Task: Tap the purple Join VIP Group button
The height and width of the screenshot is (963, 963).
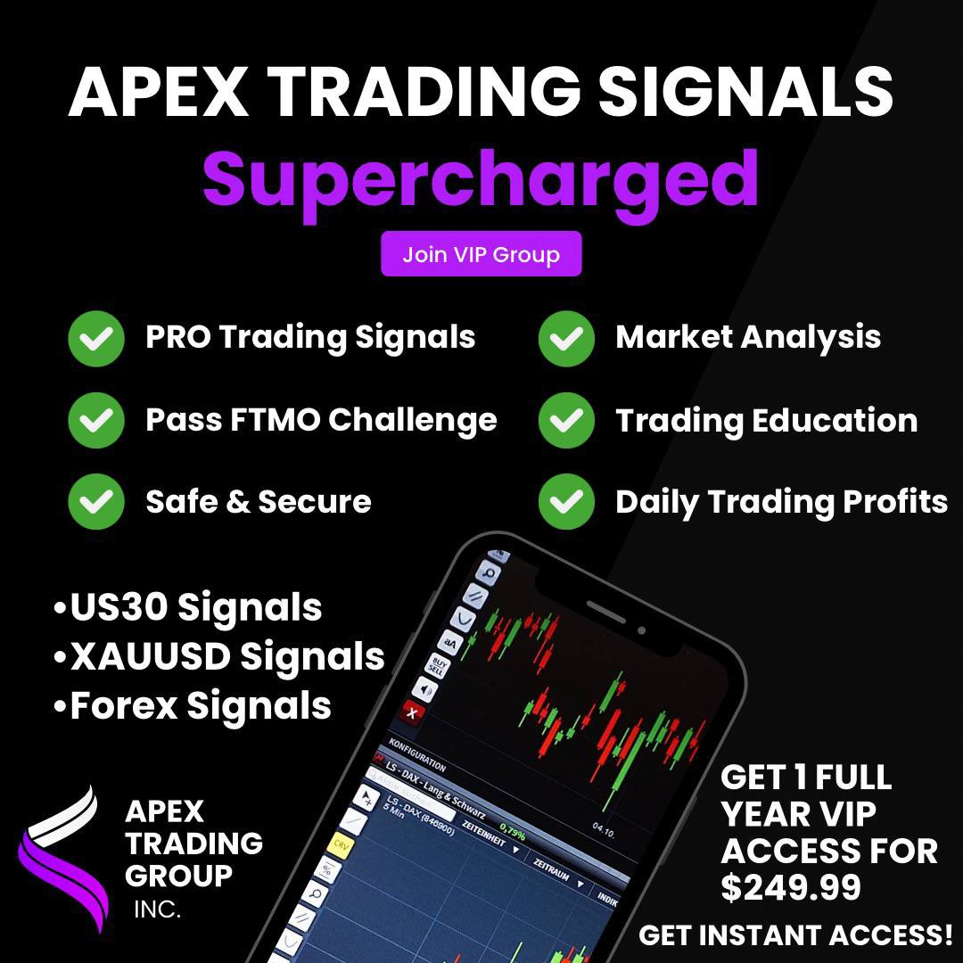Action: tap(481, 254)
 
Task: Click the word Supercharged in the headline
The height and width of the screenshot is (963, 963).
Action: tap(481, 178)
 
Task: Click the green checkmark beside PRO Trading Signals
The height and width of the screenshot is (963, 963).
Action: tap(96, 338)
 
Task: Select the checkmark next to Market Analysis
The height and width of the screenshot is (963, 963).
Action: tap(566, 338)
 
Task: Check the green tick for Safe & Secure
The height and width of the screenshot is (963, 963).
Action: tap(96, 502)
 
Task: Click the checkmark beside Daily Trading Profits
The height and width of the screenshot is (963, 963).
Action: tap(566, 502)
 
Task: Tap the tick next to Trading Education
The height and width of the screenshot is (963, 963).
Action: tap(566, 420)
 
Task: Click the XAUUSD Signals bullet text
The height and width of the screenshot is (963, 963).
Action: tap(219, 657)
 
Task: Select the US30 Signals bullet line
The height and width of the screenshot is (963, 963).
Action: tap(187, 608)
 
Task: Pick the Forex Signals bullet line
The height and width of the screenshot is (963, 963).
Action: tap(193, 706)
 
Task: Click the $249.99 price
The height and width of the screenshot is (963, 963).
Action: tap(791, 887)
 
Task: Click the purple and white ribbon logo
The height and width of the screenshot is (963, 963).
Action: tap(57, 856)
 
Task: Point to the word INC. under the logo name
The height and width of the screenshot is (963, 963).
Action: tap(157, 910)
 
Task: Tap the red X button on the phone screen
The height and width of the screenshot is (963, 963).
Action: tap(412, 712)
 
